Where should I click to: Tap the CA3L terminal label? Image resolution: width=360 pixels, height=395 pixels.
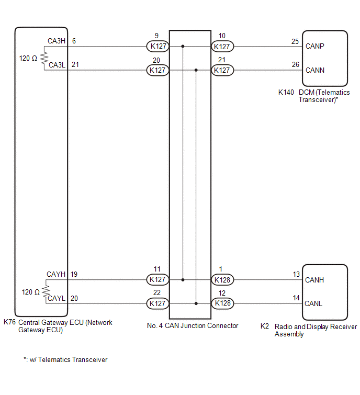(56, 65)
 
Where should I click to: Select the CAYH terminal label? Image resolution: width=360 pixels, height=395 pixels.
(56, 274)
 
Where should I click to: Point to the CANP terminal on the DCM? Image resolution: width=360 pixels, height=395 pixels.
(315, 46)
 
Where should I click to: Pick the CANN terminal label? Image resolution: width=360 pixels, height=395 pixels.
(315, 70)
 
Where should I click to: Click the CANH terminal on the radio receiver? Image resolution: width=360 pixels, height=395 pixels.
(314, 280)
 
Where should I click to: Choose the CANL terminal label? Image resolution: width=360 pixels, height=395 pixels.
(314, 303)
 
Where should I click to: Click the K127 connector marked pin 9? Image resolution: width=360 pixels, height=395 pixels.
(157, 46)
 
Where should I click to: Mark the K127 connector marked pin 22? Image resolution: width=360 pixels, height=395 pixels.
(157, 303)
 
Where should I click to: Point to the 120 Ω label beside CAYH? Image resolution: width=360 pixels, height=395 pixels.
(31, 291)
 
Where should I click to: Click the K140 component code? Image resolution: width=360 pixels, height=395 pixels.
(286, 92)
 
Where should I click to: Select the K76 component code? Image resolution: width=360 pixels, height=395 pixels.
(9, 323)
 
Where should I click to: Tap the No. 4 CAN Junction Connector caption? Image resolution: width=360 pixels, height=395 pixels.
(193, 325)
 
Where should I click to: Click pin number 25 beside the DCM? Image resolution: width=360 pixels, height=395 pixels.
(295, 41)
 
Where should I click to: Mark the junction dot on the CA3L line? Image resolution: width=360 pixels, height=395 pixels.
(196, 70)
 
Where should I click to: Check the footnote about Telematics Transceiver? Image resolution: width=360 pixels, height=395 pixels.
(65, 359)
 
